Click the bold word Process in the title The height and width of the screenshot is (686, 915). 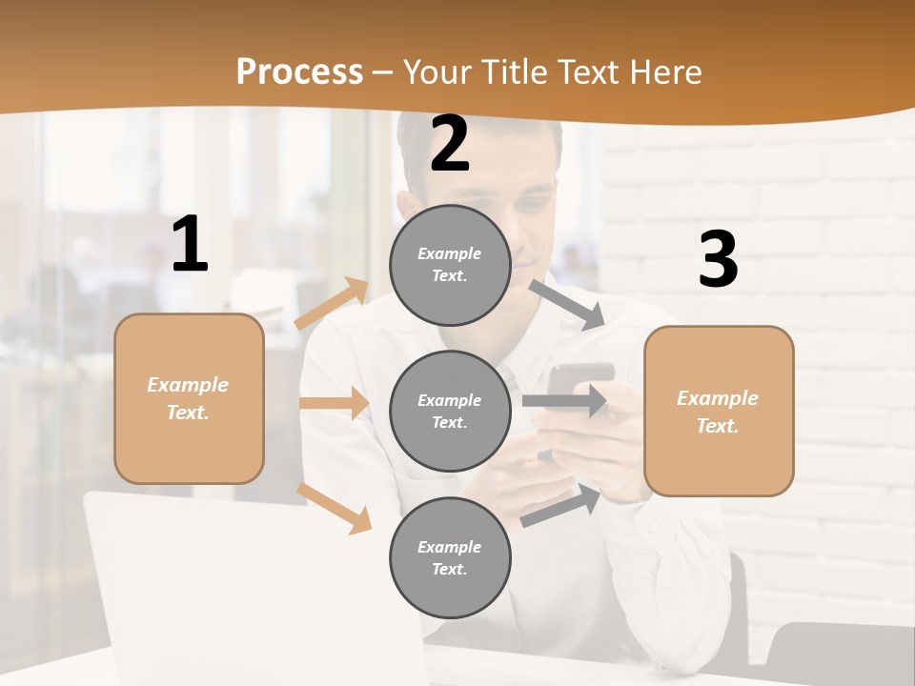pyautogui.click(x=299, y=71)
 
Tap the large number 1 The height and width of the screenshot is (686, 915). pyautogui.click(x=190, y=245)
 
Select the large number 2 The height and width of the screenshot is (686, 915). pyautogui.click(x=450, y=144)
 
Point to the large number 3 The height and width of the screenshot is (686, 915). pyautogui.click(x=718, y=259)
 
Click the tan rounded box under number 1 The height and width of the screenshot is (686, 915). pyautogui.click(x=189, y=398)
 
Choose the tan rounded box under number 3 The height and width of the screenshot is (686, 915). pyautogui.click(x=719, y=411)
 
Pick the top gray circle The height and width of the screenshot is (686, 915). pyautogui.click(x=450, y=265)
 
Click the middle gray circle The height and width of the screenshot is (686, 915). pyautogui.click(x=450, y=411)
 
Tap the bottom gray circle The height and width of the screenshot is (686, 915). pyautogui.click(x=450, y=557)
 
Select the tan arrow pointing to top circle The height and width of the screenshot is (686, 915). pyautogui.click(x=332, y=304)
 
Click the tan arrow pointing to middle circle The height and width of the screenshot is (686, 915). pyautogui.click(x=334, y=403)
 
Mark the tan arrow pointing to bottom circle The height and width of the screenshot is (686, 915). pyautogui.click(x=334, y=508)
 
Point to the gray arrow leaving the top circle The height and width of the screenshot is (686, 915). pyautogui.click(x=568, y=305)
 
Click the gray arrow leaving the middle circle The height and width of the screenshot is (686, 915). pyautogui.click(x=564, y=400)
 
